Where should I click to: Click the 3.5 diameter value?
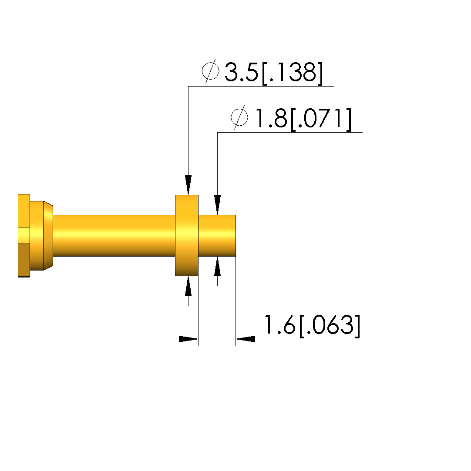[x=241, y=72]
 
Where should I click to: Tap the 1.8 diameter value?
[x=271, y=118]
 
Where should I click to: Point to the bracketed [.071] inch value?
[x=321, y=119]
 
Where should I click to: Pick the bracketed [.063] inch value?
[x=330, y=326]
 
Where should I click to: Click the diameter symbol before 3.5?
[x=210, y=71]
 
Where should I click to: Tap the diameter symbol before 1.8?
[x=239, y=117]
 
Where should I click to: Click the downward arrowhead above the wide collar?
[x=188, y=185]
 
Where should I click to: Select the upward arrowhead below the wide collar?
[x=188, y=286]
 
